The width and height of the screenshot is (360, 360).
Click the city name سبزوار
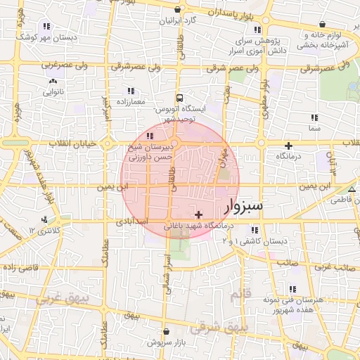point(243,207)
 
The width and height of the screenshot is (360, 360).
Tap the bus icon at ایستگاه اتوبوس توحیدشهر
point(179,98)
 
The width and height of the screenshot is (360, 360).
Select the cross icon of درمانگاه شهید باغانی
point(199,214)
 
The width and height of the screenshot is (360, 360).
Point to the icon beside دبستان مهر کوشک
point(46,27)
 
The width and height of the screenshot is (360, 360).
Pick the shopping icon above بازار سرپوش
point(165,330)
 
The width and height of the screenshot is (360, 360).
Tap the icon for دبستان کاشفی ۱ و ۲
point(254,230)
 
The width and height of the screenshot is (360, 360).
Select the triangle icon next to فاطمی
point(352,191)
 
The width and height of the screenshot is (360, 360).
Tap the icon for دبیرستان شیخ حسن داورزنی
point(149,136)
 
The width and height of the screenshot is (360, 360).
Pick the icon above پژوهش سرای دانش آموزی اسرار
point(257,30)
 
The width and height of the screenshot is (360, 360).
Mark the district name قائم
point(240,295)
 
